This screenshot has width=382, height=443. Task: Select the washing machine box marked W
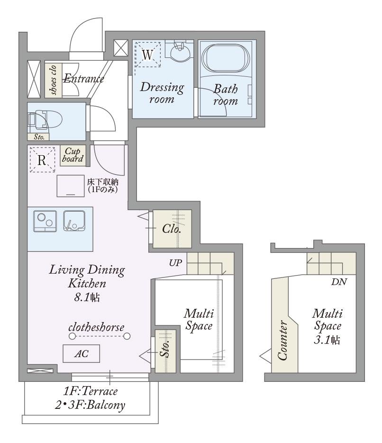point(148,55)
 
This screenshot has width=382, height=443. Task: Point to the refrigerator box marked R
point(42,159)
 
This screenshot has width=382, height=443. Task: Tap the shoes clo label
point(53,80)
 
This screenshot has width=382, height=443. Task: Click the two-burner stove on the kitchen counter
point(45,221)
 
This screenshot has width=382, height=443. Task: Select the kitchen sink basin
point(74,221)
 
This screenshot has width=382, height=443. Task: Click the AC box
point(82,353)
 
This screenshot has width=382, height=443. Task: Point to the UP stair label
point(175,263)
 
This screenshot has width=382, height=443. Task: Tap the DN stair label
point(339,282)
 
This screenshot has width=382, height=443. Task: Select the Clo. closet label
point(172,229)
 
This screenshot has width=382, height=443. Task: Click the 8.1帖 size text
point(87,297)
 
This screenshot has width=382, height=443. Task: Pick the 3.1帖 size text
point(327,340)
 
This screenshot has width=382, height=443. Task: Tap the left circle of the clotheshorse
point(73,336)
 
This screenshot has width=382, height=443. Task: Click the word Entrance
point(83,78)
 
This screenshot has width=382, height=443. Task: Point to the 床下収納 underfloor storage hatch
point(71,186)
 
